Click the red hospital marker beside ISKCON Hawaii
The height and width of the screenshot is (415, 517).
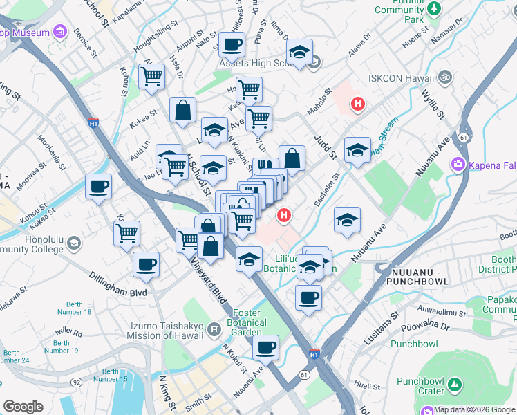point(357,105)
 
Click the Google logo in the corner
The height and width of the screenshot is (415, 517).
point(23,407)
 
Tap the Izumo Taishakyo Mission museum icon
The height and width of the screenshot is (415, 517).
point(215,329)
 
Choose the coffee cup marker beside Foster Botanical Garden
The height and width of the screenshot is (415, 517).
point(265,348)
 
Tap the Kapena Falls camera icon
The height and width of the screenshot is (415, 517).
point(457,164)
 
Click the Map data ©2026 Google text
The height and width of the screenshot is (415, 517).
point(474,409)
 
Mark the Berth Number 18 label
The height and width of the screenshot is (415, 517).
point(78,308)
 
